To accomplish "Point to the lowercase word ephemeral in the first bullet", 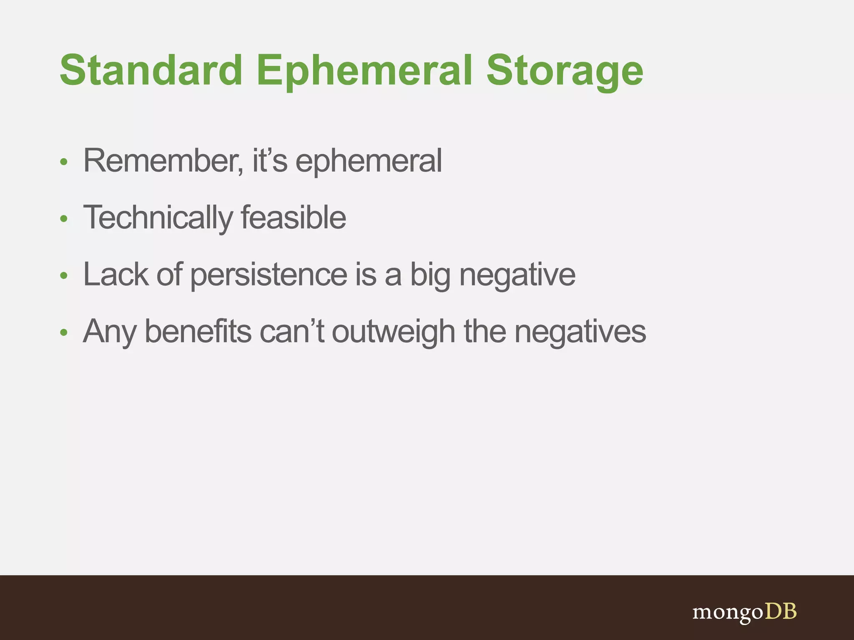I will (369, 162).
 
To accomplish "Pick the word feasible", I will (293, 218).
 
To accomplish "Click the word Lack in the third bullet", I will (116, 275).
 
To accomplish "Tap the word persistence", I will (269, 275).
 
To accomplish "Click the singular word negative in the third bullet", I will (517, 275).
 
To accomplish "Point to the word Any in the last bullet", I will (109, 332).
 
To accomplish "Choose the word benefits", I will (198, 332).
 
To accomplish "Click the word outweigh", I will (393, 332).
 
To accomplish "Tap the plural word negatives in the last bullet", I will (580, 332).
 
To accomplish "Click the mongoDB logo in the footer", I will (744, 612).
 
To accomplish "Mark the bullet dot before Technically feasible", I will (63, 219).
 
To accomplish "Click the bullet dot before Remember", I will (63, 162).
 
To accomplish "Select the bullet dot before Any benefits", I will (63, 332).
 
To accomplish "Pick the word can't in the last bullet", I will (291, 332).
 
